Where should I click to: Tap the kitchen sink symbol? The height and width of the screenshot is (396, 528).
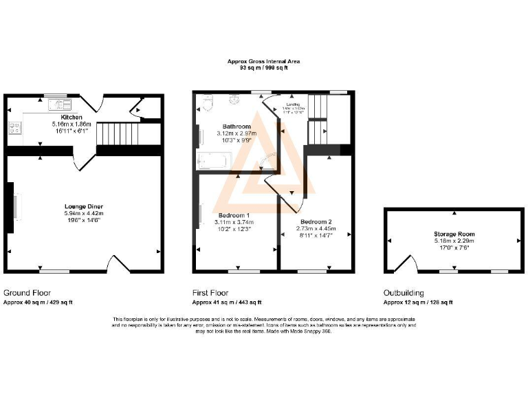pos(60,105)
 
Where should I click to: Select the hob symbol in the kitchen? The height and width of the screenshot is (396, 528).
pos(13,127)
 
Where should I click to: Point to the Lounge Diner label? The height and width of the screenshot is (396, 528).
pos(84,206)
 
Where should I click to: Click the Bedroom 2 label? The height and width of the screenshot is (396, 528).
pos(316,222)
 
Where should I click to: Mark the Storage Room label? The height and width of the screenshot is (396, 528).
pos(454,234)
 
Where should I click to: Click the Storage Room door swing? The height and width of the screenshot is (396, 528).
pos(409,264)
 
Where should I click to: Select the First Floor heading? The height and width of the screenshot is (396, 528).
pos(210,293)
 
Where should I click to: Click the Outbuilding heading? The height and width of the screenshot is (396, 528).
pos(404,293)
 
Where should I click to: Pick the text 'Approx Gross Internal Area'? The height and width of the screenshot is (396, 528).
pos(264,62)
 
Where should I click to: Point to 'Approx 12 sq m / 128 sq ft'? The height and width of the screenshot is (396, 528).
pos(418,302)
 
